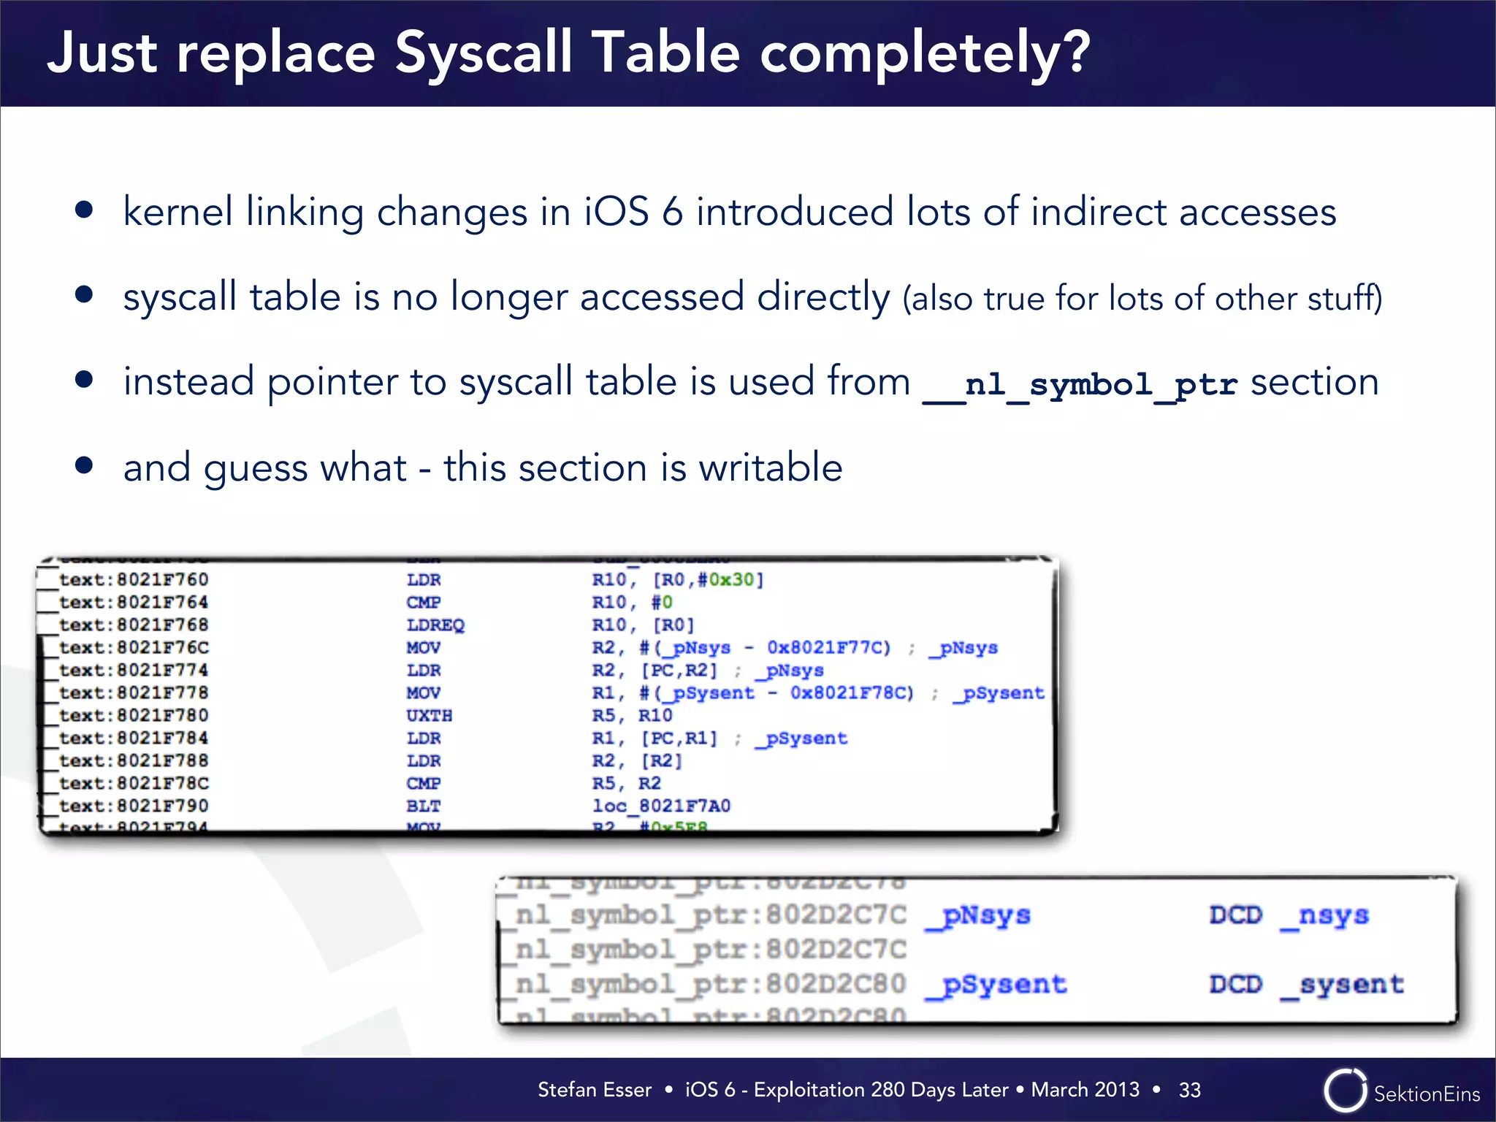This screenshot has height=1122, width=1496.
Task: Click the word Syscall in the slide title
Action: point(484,53)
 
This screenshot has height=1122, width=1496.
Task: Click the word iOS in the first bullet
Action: point(616,212)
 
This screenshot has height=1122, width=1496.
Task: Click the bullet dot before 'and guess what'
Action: point(84,465)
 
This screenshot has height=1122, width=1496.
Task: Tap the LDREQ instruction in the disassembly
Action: point(435,625)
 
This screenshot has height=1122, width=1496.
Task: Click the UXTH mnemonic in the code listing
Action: point(429,716)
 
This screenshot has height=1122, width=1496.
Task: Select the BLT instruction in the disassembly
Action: point(423,806)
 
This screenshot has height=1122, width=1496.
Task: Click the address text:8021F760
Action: point(134,580)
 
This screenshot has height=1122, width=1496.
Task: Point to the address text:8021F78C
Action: point(134,784)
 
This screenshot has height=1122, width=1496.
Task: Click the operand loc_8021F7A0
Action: point(661,806)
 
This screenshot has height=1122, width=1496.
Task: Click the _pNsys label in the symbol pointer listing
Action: point(978,915)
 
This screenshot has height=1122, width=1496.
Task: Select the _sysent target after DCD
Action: point(1343,985)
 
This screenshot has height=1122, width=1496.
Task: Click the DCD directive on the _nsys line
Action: point(1235,915)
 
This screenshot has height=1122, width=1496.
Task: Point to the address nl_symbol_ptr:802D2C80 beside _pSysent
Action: point(710,985)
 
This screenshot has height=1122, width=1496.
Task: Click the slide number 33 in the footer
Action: point(1189,1090)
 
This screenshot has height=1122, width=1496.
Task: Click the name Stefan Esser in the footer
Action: point(594,1090)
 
